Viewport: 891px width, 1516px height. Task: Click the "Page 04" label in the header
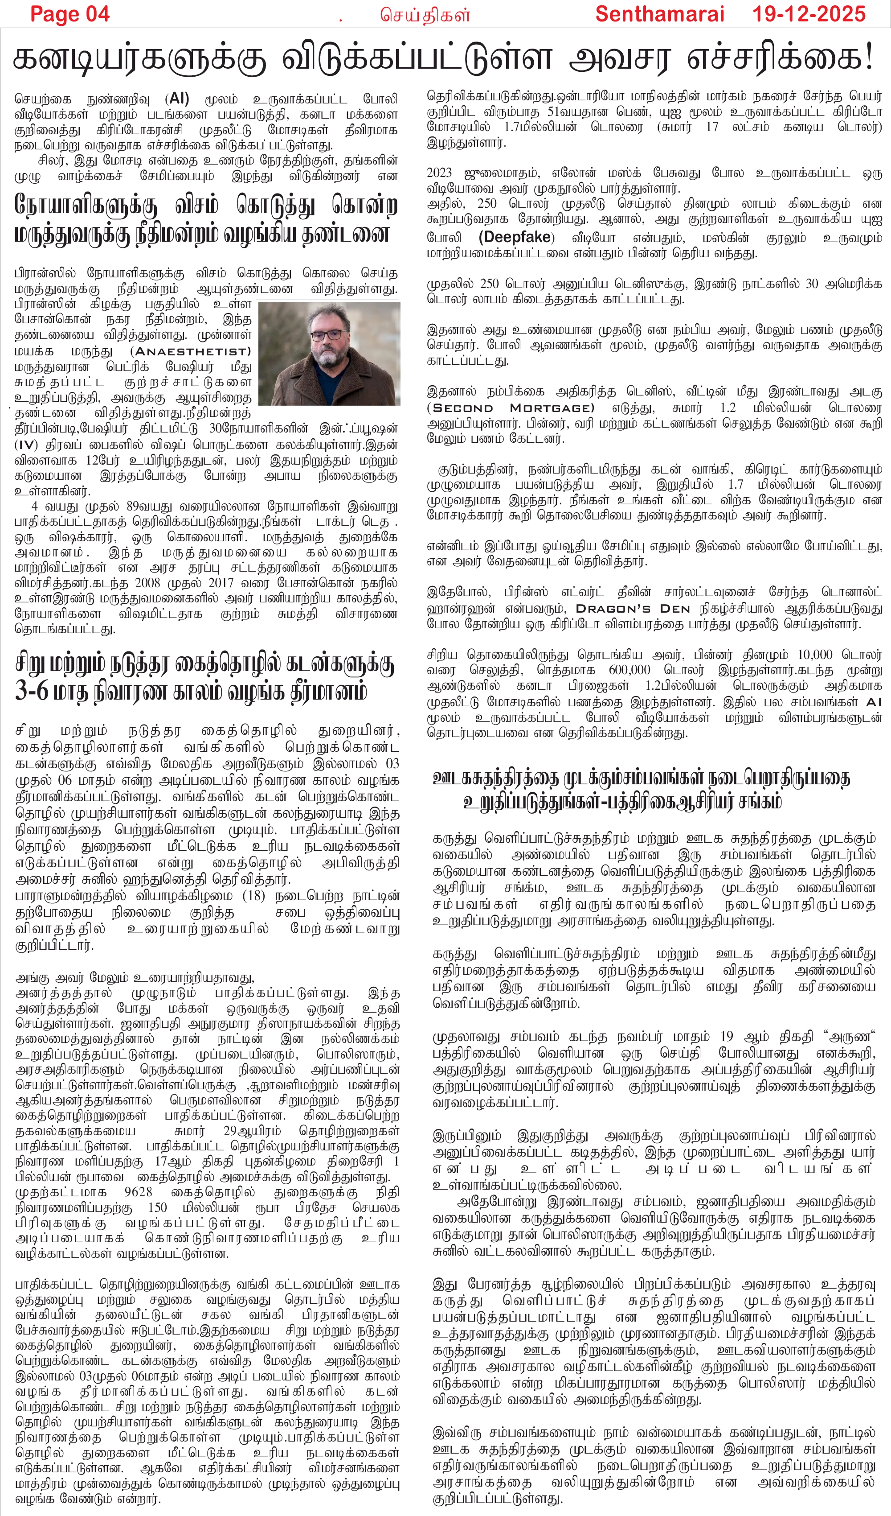pos(70,14)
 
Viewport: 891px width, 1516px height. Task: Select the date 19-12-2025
pos(809,14)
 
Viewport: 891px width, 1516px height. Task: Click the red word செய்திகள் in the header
pos(425,16)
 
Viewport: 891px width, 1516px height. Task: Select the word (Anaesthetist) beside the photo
pos(191,351)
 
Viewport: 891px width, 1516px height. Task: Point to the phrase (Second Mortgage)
pos(511,408)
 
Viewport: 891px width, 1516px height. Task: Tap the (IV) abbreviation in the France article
pos(26,445)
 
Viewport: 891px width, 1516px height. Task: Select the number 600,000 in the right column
pos(629,670)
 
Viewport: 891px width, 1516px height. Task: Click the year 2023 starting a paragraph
pos(440,173)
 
